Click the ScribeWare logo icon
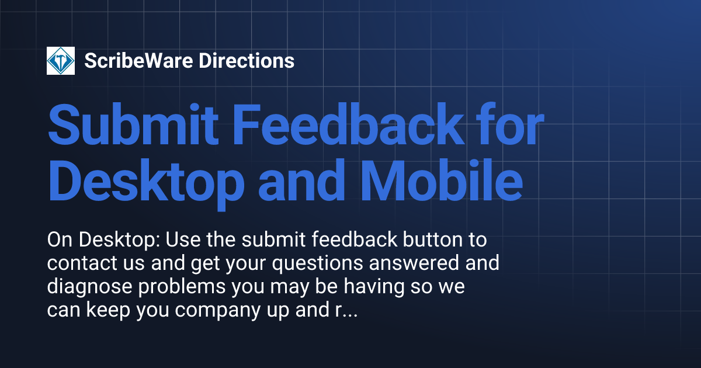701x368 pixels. click(x=61, y=61)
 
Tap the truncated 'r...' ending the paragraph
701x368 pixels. click(x=345, y=311)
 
